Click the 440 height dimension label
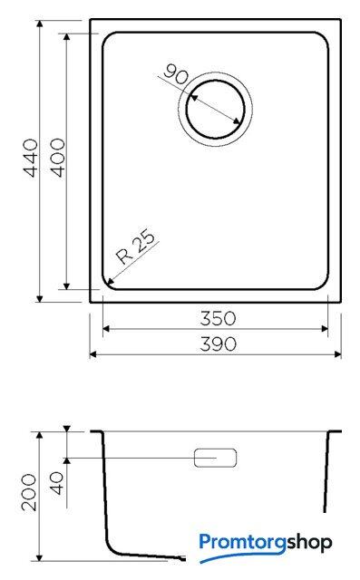tap(31, 158)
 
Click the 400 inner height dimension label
tap(58, 158)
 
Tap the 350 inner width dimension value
tap(218, 318)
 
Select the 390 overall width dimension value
tap(218, 344)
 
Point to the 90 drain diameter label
tap(176, 74)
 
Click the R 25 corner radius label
tap(135, 246)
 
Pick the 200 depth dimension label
tap(29, 492)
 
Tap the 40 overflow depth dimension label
tap(56, 483)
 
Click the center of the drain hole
tap(215, 110)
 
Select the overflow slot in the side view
tap(215, 458)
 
